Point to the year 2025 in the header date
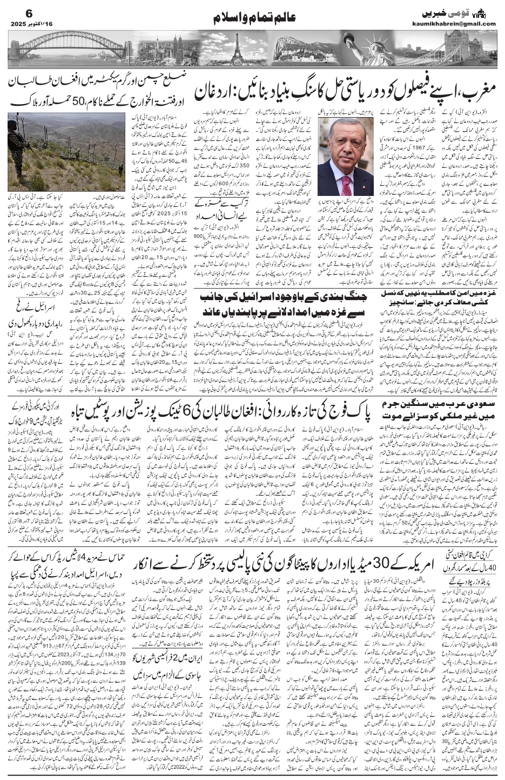click(20, 24)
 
